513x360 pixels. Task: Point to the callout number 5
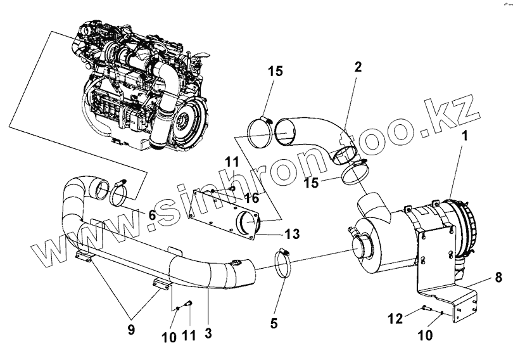coord(274,323)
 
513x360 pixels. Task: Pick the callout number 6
coord(152,215)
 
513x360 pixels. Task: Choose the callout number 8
coord(498,277)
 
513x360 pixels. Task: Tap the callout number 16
coord(251,198)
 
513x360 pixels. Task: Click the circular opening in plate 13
coord(247,222)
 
